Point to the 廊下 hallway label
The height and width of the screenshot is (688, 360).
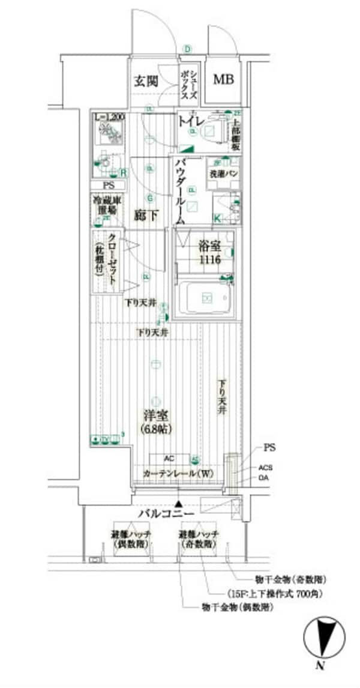tap(146, 216)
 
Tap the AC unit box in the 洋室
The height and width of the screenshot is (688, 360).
tap(169, 458)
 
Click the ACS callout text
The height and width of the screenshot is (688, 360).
tap(266, 468)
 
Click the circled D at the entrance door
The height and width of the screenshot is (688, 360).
tap(187, 49)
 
